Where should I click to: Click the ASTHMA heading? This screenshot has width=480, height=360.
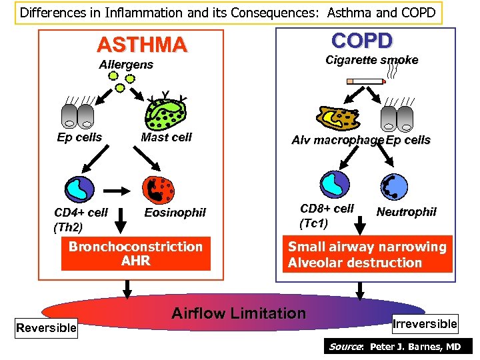141,45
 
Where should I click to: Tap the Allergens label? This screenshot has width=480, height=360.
126,65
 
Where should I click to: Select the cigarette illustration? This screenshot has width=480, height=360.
366,81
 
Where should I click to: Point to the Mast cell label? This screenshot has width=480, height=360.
166,137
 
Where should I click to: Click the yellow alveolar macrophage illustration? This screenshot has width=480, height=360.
339,118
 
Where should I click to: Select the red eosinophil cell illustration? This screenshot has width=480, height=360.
159,190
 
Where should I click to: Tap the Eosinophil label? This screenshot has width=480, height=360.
175,213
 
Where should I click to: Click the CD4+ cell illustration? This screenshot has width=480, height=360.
77,189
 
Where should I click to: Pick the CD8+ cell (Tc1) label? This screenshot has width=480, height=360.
327,215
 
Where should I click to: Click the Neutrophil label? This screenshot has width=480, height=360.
406,212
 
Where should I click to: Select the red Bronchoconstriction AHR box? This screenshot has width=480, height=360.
135,254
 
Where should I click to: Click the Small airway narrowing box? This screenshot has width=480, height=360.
367,255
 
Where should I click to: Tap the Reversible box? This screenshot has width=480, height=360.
47,328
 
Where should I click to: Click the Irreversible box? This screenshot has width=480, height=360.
425,324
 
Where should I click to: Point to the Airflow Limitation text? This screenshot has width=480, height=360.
239,313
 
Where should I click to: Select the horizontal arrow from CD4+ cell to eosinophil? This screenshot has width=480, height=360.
119,191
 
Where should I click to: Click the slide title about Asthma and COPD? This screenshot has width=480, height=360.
228,12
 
